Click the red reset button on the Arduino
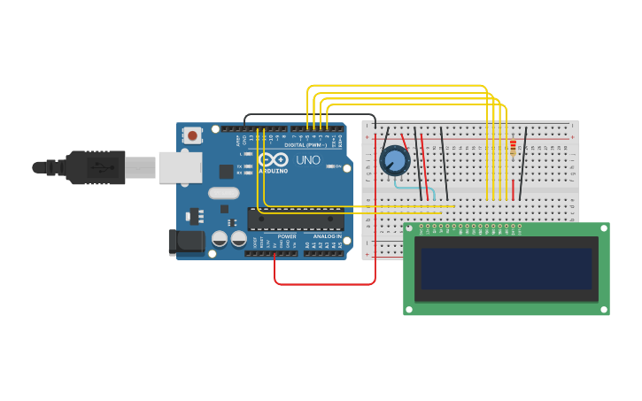[x=191, y=135]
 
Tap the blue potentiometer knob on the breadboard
[x=394, y=161]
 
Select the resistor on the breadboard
[x=513, y=146]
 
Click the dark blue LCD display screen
[x=506, y=268]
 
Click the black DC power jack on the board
[x=186, y=242]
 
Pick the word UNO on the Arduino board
[x=307, y=160]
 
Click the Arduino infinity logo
[x=274, y=160]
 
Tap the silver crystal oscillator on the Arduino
[x=224, y=193]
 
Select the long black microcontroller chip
[x=296, y=219]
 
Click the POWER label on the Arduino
[x=287, y=236]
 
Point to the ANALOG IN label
[x=328, y=236]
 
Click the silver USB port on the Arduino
[x=181, y=166]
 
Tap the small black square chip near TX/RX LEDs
[x=227, y=172]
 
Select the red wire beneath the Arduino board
[x=324, y=284]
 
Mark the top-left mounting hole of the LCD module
[x=409, y=228]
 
